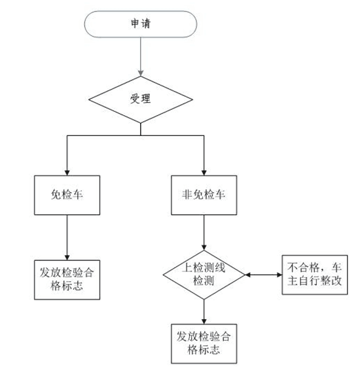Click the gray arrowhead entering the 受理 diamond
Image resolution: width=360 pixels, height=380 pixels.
141,73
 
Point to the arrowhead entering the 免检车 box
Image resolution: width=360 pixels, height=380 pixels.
67,173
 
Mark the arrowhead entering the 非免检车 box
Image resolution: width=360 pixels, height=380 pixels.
204,173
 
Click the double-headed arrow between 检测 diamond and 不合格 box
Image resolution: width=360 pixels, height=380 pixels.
264,275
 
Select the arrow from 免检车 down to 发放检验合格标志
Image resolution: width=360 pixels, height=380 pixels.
67,237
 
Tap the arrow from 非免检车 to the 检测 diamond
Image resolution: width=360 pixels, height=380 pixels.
204,232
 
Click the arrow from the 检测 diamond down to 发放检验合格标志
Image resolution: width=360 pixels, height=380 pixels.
204,312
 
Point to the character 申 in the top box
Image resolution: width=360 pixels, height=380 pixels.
135,24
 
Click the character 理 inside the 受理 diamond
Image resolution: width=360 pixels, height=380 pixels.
146,99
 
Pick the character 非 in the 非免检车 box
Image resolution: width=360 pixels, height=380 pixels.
187,195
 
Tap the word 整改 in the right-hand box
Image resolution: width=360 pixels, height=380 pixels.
331,281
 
